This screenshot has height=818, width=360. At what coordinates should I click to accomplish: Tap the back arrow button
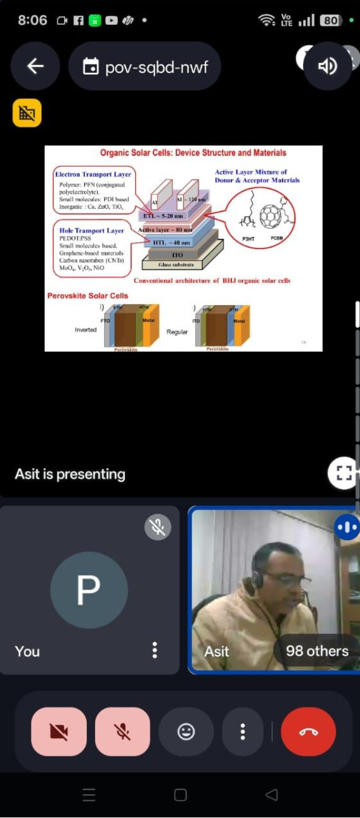coord(35,66)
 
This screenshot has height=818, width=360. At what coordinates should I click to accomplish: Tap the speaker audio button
coord(327,66)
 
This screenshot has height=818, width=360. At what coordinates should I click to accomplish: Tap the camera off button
coord(59,731)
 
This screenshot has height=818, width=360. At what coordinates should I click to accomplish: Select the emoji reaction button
coord(186,731)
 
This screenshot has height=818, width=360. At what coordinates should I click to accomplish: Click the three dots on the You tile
coord(155,650)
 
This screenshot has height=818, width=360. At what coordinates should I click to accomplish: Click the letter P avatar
coord(89,590)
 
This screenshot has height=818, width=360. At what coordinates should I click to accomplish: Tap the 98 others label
coord(317,651)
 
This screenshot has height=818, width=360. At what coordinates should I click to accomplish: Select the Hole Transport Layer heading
coord(92,230)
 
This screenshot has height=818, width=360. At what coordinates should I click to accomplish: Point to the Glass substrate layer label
coord(176,265)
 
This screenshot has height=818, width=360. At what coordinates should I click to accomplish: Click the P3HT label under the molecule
coord(248,239)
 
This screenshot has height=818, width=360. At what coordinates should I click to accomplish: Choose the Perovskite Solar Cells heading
coord(88,296)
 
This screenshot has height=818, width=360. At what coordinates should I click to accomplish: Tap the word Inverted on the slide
coord(85,330)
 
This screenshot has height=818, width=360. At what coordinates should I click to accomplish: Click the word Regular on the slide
coord(177,332)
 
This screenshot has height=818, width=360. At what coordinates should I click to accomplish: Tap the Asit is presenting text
coord(70,474)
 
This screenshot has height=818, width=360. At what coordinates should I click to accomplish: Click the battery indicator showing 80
coord(330,21)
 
